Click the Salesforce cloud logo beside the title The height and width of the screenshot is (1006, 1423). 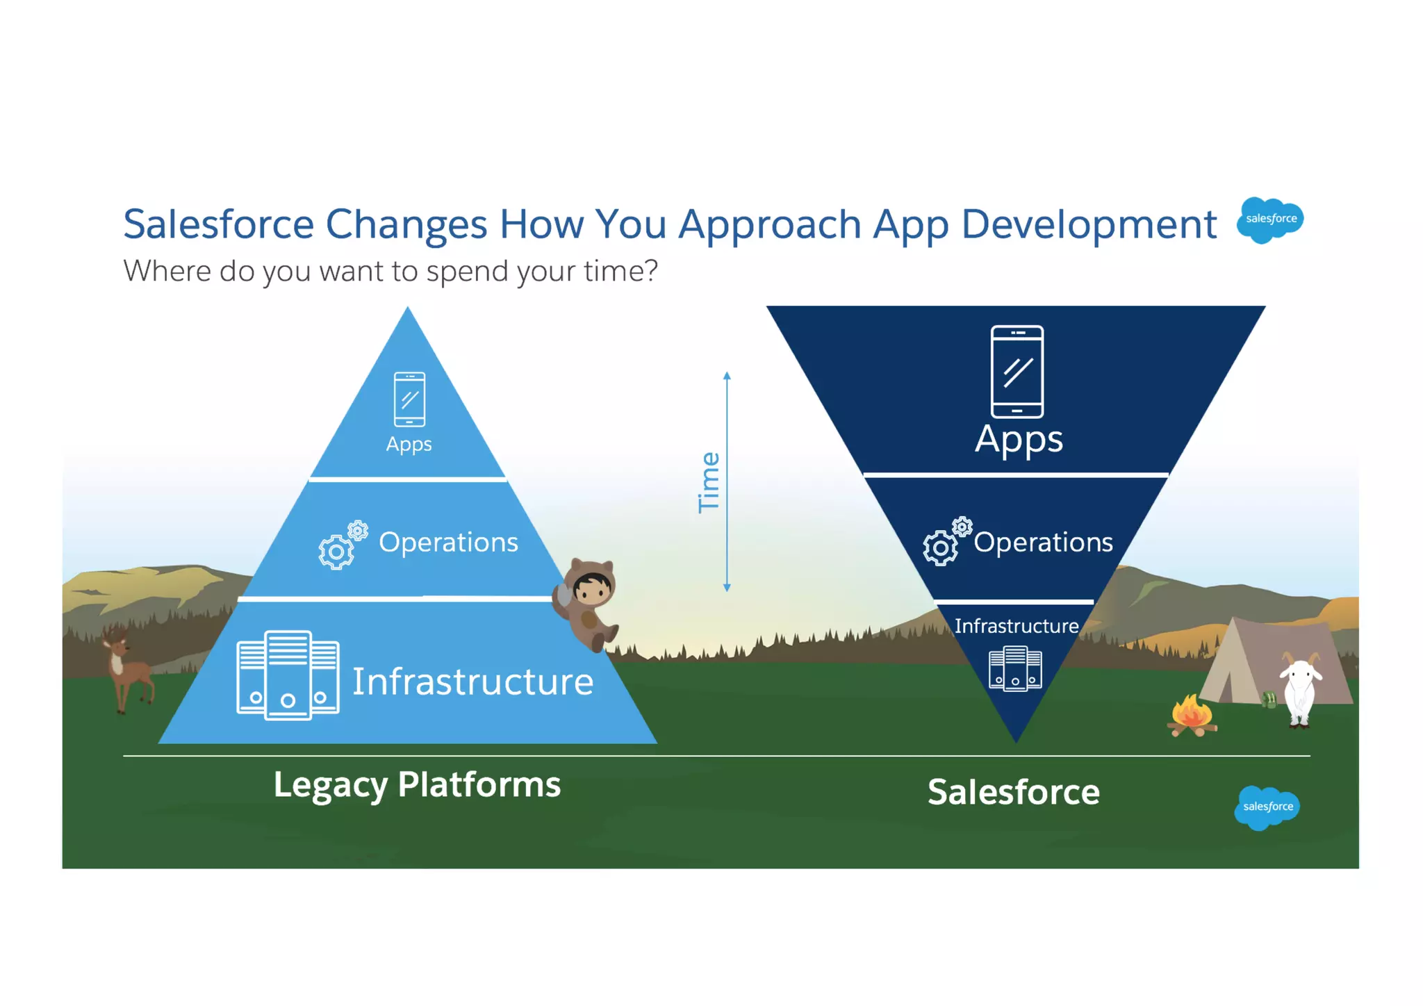(x=1270, y=220)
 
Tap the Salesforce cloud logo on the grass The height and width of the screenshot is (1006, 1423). (x=1267, y=807)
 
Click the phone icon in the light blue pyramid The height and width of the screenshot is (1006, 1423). (x=409, y=399)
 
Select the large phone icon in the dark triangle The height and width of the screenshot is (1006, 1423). (x=1017, y=372)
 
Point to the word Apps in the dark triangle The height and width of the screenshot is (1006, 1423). (x=1019, y=439)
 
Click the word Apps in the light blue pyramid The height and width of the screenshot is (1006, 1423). (x=409, y=444)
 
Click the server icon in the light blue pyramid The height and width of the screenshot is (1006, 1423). (x=288, y=675)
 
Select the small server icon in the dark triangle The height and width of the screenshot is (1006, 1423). (x=1015, y=668)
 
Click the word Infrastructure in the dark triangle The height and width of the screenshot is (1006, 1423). (x=1016, y=626)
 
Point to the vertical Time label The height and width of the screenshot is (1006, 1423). (x=709, y=483)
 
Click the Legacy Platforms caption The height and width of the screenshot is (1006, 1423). (x=417, y=785)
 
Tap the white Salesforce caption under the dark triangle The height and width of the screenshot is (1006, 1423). (x=1013, y=793)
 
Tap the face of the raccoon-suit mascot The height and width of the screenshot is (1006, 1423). (x=591, y=590)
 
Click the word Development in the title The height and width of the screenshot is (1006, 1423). (x=1089, y=224)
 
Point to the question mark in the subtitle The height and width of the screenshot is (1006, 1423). (x=650, y=271)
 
